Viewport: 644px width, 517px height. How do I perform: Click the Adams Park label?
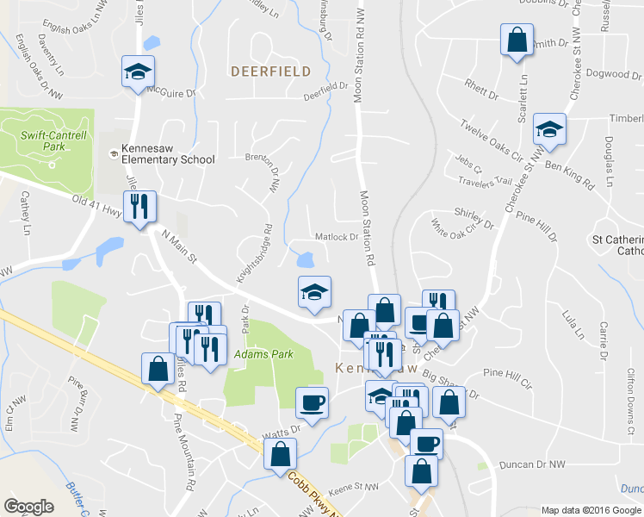coord(265,354)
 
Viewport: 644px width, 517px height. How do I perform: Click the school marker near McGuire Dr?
coord(138,72)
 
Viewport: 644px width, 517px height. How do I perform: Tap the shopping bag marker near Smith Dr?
coord(517,40)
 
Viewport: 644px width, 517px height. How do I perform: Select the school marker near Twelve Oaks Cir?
coord(548,130)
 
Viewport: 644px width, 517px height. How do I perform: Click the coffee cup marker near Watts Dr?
coord(312,402)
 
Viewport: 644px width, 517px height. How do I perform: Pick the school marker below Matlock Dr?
coord(315,292)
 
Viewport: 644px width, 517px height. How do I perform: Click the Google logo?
coord(29,506)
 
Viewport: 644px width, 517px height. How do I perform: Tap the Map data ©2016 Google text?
coord(591,510)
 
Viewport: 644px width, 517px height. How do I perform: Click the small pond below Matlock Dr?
coord(304,258)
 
